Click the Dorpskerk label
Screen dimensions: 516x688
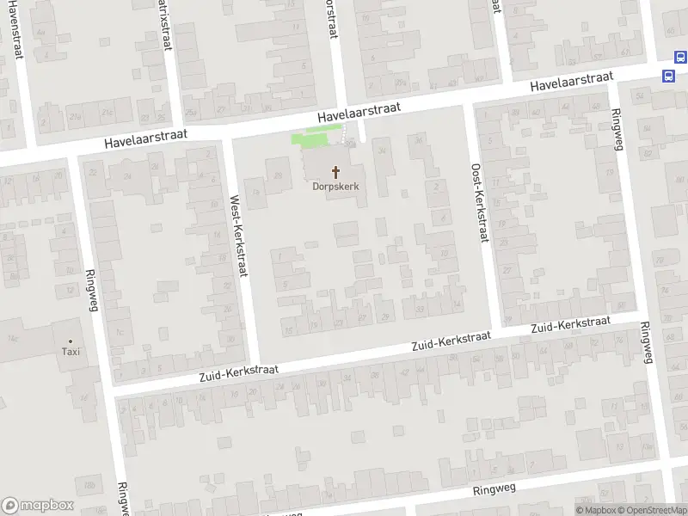(x=335, y=187)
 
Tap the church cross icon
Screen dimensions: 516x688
(x=335, y=172)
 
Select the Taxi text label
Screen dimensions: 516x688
(x=71, y=352)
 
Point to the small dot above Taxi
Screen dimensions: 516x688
(x=71, y=341)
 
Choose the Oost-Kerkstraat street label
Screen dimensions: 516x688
(x=479, y=204)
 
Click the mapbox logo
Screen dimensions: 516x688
(x=38, y=506)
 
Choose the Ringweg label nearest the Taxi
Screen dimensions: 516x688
(x=93, y=292)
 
